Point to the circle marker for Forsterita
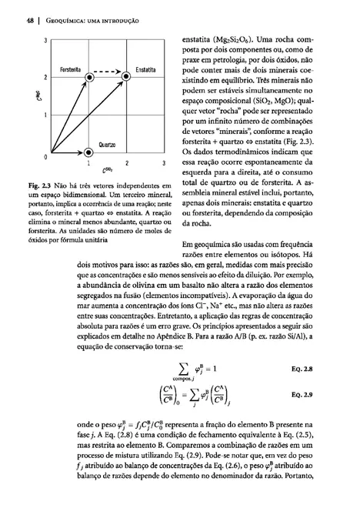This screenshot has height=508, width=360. [89, 78]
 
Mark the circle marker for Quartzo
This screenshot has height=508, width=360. [89, 152]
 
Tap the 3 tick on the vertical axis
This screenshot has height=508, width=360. [47, 40]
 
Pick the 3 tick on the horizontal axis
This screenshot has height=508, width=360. [163, 164]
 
